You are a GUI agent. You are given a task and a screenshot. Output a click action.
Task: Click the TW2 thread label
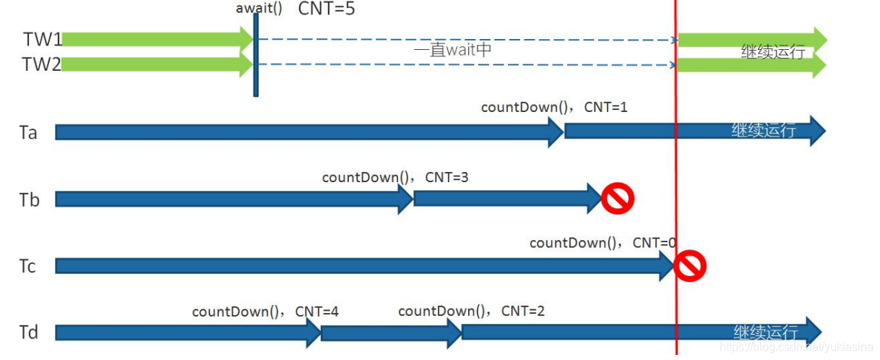pos(43,65)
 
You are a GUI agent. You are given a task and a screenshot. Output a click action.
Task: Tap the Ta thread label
pos(29,133)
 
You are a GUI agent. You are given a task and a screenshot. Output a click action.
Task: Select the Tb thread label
pos(30,200)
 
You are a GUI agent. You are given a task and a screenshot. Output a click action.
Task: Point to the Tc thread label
pos(28,267)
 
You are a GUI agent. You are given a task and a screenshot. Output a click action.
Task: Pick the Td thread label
pos(30,333)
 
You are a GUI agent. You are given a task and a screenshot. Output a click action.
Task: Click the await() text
pos(259,9)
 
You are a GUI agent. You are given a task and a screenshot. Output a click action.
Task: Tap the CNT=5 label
pos(327,9)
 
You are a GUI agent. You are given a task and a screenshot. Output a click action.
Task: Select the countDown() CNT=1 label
pos(554,108)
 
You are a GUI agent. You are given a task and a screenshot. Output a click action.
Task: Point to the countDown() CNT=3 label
pos(395,177)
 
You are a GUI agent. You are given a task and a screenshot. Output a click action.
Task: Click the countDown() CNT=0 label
pos(603,244)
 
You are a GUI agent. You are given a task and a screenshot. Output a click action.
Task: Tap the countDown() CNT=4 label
pos(265,312)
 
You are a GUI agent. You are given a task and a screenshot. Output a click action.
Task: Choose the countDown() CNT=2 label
pos(471,312)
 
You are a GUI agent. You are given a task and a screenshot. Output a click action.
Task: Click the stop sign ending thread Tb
pos(617,198)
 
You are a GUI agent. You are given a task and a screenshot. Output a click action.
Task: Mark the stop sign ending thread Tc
pos(689,266)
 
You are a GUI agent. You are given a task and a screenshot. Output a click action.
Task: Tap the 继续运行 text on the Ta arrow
pos(764,131)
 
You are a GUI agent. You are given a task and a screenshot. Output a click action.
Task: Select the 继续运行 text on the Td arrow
pos(766,333)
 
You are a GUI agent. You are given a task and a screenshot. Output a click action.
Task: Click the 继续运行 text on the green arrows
pos(773,52)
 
